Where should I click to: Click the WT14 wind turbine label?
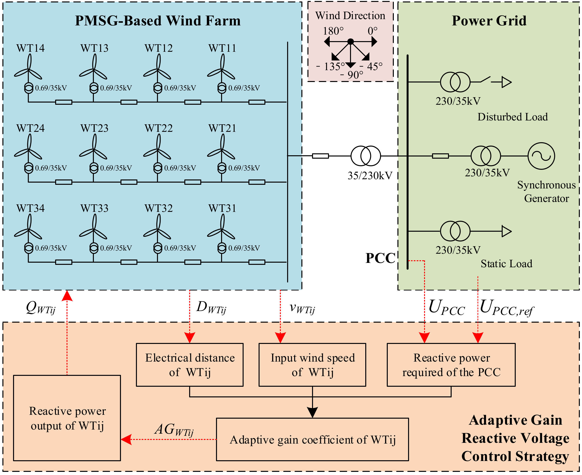tap(30, 48)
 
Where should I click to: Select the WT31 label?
tap(222, 208)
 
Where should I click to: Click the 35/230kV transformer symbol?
tap(366, 156)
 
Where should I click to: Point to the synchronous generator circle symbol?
tap(541, 156)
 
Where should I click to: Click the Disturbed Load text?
tap(513, 117)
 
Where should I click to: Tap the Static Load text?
tap(506, 263)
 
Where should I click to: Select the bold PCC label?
tap(380, 258)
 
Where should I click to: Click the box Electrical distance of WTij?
tap(190, 365)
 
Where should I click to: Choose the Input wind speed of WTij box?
tap(312, 365)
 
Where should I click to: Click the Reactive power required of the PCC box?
tap(451, 365)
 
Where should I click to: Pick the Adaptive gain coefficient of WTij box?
tap(312, 439)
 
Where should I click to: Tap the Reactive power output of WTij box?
tap(67, 418)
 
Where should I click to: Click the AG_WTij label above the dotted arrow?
tap(174, 430)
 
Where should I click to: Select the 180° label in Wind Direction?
tap(333, 31)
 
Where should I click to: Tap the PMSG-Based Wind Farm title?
tap(158, 21)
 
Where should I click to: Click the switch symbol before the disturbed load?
tap(485, 80)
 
